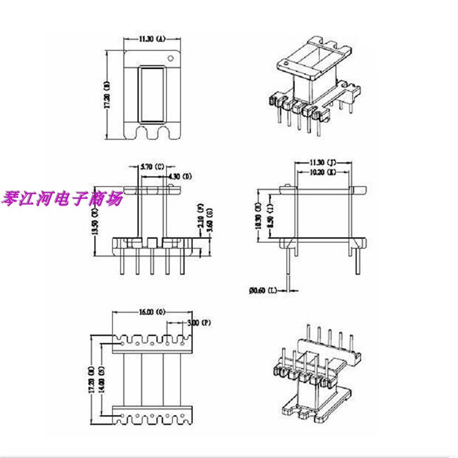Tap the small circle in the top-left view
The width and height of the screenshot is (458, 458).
[171, 59]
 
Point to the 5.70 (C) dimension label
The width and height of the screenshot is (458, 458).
[152, 167]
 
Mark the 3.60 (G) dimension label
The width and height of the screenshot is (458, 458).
[209, 219]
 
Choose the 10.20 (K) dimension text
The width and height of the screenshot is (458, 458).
[323, 172]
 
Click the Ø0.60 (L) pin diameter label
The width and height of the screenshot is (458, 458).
[263, 290]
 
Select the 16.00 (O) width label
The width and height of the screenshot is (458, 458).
[152, 312]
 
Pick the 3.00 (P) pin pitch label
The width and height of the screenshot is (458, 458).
[199, 323]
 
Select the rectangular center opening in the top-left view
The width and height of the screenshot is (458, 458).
[153, 95]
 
